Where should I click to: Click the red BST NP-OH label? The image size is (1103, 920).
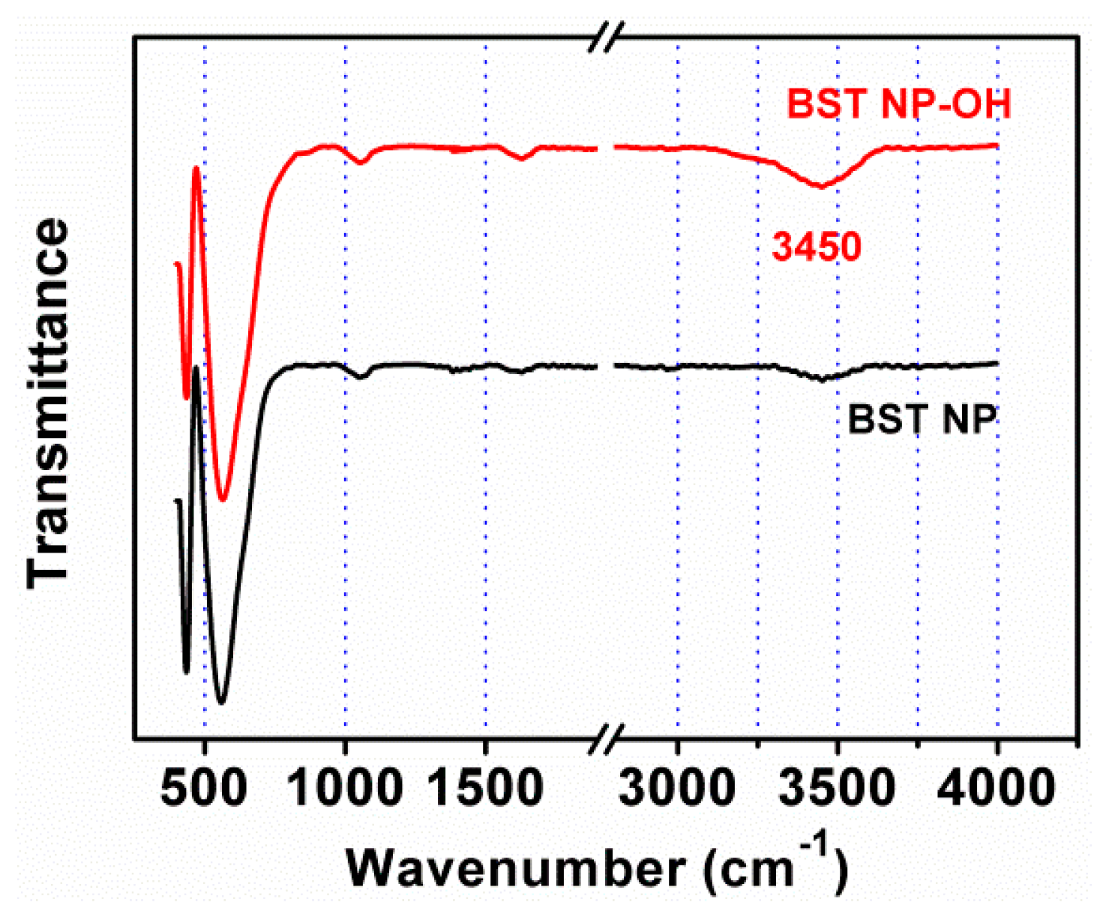point(898,103)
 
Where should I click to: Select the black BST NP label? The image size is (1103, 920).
point(922,419)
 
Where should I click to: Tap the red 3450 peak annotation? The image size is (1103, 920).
point(817,246)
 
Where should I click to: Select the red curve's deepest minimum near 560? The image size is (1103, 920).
point(222,498)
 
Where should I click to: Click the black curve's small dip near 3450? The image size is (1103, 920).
point(823,379)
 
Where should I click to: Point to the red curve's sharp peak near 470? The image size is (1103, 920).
point(196,169)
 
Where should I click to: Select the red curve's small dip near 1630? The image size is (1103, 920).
point(523,158)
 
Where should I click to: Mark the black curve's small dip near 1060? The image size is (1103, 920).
point(361,377)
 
